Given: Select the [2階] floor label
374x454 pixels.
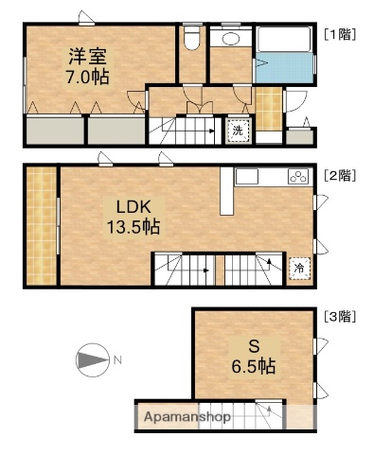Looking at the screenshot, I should pos(338,175).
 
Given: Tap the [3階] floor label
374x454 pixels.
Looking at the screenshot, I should pos(338,315).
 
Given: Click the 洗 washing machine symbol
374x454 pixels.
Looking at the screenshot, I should pos(237,131).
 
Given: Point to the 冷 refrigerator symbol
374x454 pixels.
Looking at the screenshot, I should pos(298,269).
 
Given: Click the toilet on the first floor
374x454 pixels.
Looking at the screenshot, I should pos(191,38).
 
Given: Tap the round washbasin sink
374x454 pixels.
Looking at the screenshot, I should pos(228,39).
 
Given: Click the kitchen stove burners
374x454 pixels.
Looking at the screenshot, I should pos(297,177).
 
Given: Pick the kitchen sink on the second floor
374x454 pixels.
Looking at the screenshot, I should pos(247,177).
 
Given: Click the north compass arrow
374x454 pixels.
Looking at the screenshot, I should pos(91,360).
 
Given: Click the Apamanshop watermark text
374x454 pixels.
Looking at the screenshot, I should pos(187,416).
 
